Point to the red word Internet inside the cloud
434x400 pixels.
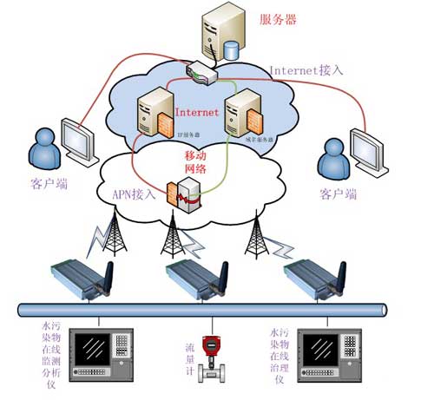coord(197,112)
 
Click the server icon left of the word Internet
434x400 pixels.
coord(152,118)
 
